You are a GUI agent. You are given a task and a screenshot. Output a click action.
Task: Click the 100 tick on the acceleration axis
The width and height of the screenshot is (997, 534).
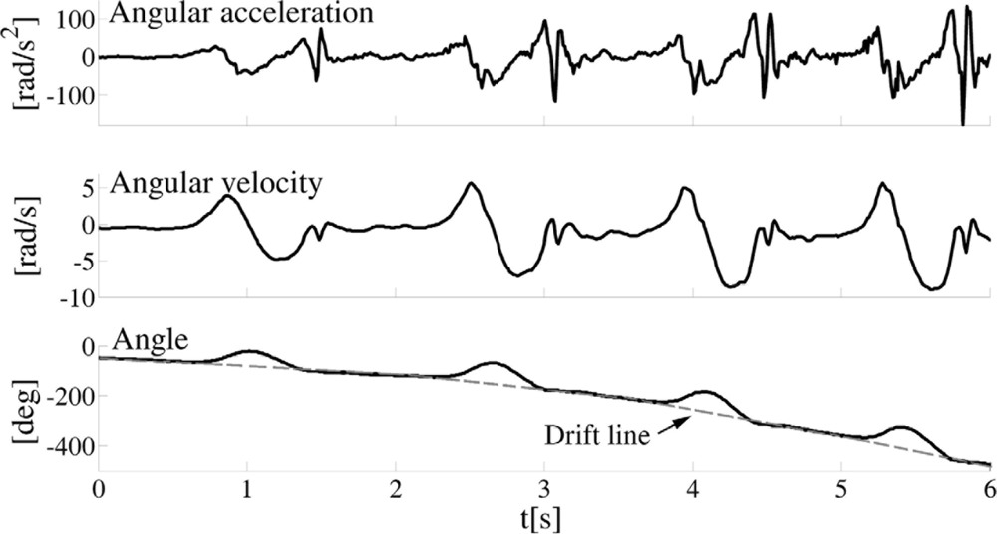coord(76,19)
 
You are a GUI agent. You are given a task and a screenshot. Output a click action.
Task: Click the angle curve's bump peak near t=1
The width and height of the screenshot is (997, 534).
coord(248,351)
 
